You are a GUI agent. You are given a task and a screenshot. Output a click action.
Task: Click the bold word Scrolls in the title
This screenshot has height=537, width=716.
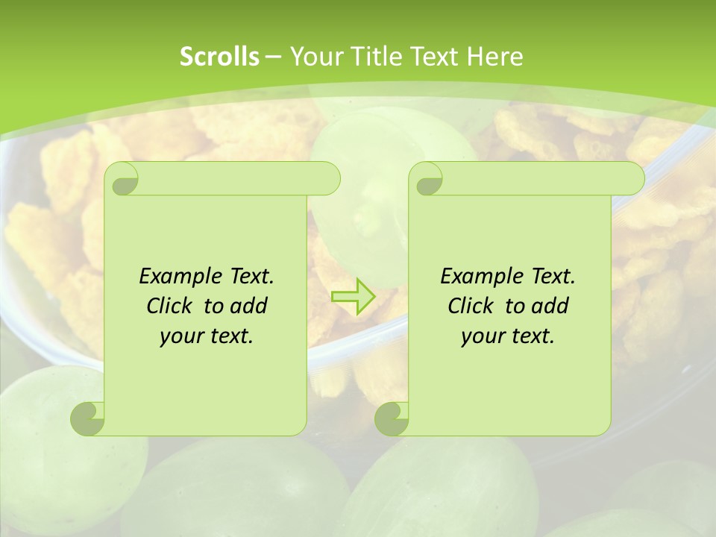pyautogui.click(x=219, y=57)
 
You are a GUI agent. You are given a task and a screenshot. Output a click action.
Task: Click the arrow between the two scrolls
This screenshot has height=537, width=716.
pyautogui.click(x=353, y=296)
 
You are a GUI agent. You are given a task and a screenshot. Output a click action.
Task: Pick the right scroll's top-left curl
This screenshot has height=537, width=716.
pyautogui.click(x=427, y=180)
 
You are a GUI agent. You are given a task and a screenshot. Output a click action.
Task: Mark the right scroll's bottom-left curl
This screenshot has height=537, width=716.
pyautogui.click(x=392, y=418)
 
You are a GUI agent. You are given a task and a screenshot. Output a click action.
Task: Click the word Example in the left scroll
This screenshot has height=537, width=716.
pyautogui.click(x=176, y=277)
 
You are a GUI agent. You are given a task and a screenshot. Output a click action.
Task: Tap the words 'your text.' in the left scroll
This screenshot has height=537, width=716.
pyautogui.click(x=207, y=336)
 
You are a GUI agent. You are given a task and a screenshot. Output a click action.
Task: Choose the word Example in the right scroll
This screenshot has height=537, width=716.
pyautogui.click(x=477, y=277)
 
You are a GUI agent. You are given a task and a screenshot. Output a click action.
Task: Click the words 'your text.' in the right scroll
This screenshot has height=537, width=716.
pyautogui.click(x=508, y=336)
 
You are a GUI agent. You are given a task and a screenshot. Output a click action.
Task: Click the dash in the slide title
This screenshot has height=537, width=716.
pyautogui.click(x=273, y=57)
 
